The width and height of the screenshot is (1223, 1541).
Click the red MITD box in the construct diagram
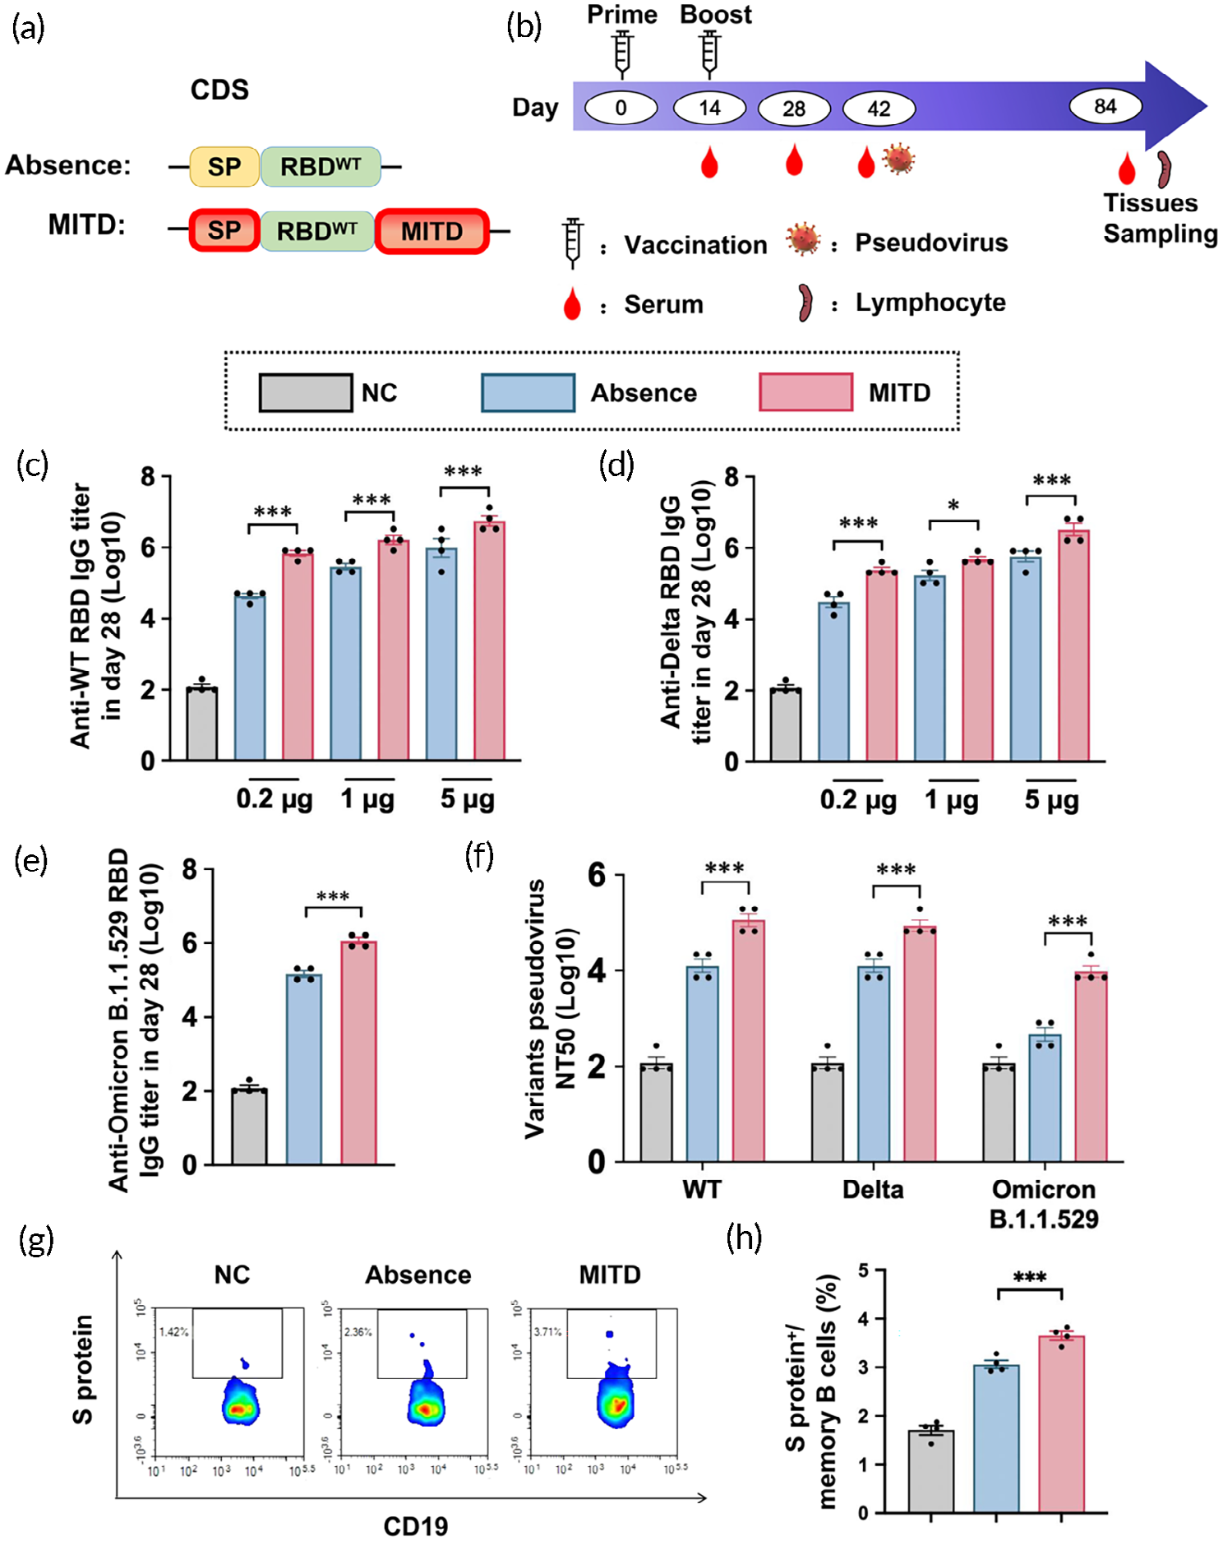pyautogui.click(x=432, y=231)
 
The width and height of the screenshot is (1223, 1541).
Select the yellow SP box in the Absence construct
pyautogui.click(x=224, y=167)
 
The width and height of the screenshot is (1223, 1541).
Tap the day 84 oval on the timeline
pyautogui.click(x=1105, y=106)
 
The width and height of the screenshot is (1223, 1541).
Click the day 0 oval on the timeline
pyautogui.click(x=621, y=108)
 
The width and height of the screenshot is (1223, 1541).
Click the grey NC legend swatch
pyautogui.click(x=306, y=392)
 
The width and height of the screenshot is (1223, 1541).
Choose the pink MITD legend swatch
pyautogui.click(x=805, y=392)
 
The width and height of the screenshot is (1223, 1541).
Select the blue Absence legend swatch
pyautogui.click(x=528, y=392)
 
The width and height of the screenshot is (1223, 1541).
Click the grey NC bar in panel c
pyautogui.click(x=202, y=724)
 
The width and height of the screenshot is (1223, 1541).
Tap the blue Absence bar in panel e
pyautogui.click(x=304, y=1069)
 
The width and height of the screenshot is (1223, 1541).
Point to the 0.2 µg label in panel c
pyautogui.click(x=275, y=799)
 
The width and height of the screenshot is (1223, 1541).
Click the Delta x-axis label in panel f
pyautogui.click(x=873, y=1189)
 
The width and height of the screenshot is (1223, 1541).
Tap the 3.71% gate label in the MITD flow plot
pyautogui.click(x=547, y=1331)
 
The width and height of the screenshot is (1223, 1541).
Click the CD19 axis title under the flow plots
pyautogui.click(x=416, y=1526)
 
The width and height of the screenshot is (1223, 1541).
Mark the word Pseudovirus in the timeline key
pyautogui.click(x=931, y=243)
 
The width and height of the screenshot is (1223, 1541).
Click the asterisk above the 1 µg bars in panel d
pyautogui.click(x=953, y=505)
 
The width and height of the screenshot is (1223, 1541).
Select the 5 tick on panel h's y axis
pyautogui.click(x=863, y=1271)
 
